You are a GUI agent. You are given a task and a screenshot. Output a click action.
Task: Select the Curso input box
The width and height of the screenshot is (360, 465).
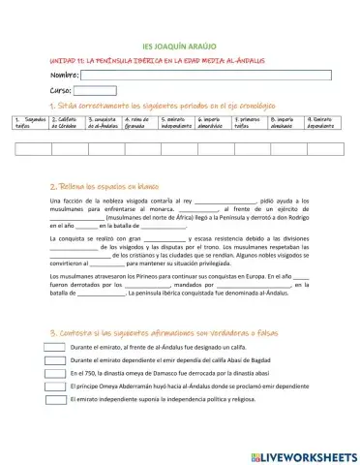(x=95, y=90)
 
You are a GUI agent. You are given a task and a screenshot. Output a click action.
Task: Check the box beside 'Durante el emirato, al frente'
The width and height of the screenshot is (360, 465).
(x=55, y=346)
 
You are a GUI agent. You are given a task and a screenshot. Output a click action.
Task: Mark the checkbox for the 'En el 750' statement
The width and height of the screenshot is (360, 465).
(x=55, y=371)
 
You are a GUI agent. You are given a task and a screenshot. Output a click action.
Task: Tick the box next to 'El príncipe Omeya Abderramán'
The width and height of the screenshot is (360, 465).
(x=55, y=385)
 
